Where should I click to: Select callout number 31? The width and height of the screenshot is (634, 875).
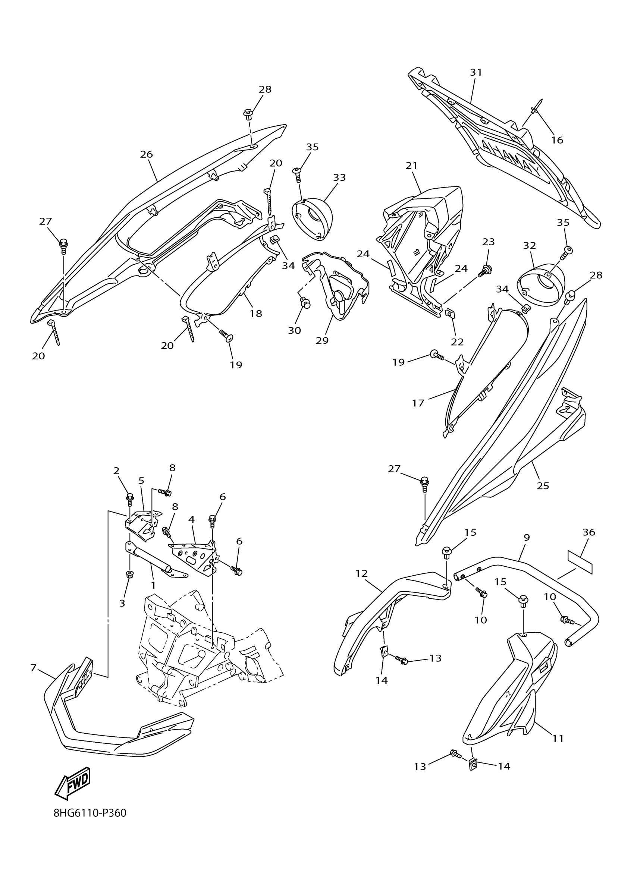click(476, 72)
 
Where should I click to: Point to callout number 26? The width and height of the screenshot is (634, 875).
click(146, 154)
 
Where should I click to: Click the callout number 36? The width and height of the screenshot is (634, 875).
click(589, 532)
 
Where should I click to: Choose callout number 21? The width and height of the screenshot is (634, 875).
click(412, 166)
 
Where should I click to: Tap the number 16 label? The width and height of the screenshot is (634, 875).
click(557, 140)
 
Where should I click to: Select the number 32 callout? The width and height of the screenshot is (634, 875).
click(530, 245)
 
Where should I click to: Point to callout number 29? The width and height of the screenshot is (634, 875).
click(322, 340)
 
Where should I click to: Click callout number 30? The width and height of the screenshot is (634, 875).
click(294, 330)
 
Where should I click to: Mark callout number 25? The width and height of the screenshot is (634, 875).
click(543, 486)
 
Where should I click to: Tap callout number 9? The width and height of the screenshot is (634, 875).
click(527, 538)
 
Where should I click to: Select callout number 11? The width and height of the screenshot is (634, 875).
click(558, 739)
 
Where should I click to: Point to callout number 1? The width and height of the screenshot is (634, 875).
click(153, 585)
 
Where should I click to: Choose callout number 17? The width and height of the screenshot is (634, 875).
click(418, 403)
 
